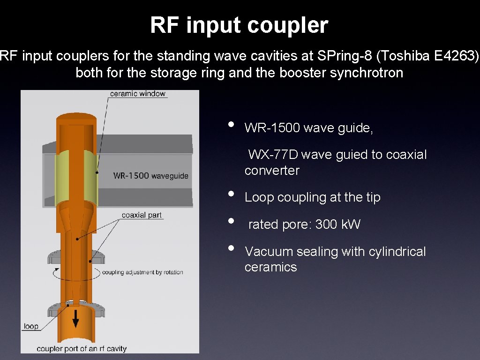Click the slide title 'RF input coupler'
pos(239,25)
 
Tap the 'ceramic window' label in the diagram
pos(138,93)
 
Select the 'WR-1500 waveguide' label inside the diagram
pos(150,176)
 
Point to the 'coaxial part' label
pos(142,215)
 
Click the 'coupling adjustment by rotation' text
pos(142,272)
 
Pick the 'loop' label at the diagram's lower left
pos(31,326)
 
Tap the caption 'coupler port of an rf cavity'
pos(82,348)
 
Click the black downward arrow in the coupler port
pos(75,320)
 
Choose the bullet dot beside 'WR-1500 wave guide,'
pos(230,125)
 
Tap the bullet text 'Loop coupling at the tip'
pos(312,197)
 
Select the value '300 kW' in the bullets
pos(337,225)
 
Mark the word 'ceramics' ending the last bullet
pos(270,267)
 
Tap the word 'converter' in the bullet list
pos(271,170)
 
